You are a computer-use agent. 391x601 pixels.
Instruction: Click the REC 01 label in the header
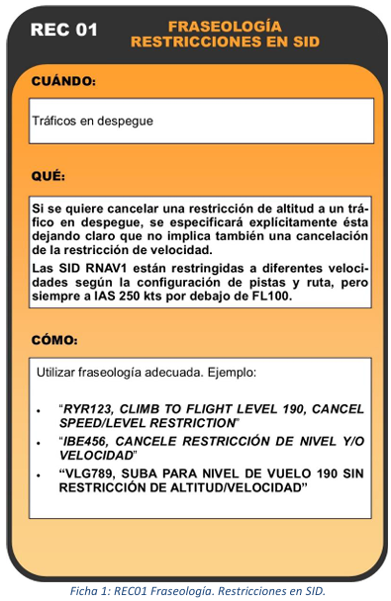pyautogui.click(x=64, y=30)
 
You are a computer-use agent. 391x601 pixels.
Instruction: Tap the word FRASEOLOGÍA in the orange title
pyautogui.click(x=224, y=25)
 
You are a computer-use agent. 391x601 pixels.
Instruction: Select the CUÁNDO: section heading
pyautogui.click(x=63, y=80)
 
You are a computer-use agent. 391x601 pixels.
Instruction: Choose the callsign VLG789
pyautogui.click(x=91, y=473)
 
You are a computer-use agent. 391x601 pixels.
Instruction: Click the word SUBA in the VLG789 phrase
pyautogui.click(x=147, y=473)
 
